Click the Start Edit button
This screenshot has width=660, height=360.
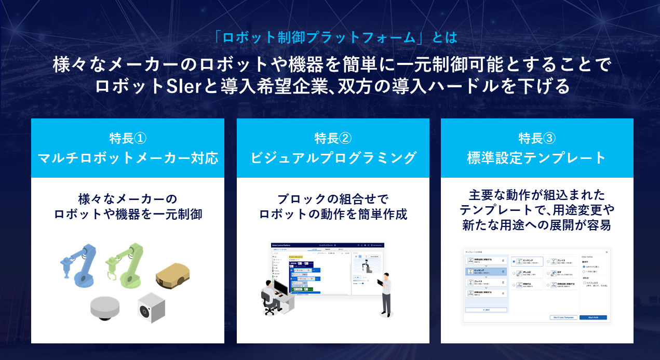(592, 317)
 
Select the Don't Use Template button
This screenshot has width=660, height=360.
(563, 317)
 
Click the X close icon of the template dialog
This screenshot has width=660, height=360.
(606, 252)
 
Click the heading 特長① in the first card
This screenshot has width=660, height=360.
(128, 138)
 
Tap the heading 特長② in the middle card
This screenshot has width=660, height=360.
(333, 138)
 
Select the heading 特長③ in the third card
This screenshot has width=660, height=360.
(537, 138)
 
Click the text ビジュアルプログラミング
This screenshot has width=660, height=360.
(333, 158)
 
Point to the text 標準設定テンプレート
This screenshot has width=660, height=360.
(537, 158)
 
